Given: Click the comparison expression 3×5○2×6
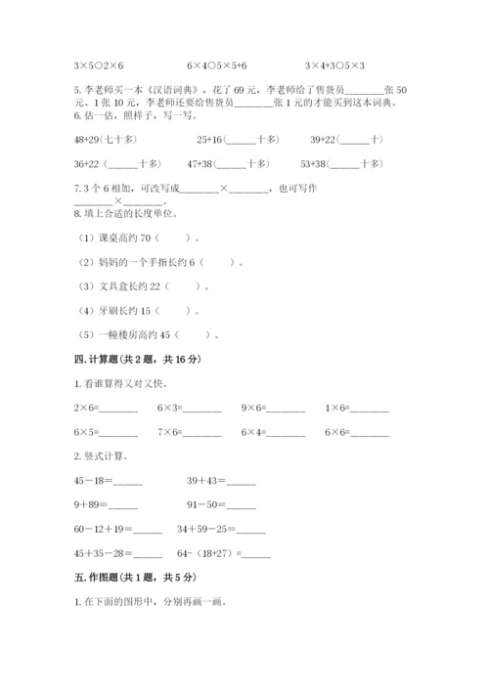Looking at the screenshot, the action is [x=99, y=65].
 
